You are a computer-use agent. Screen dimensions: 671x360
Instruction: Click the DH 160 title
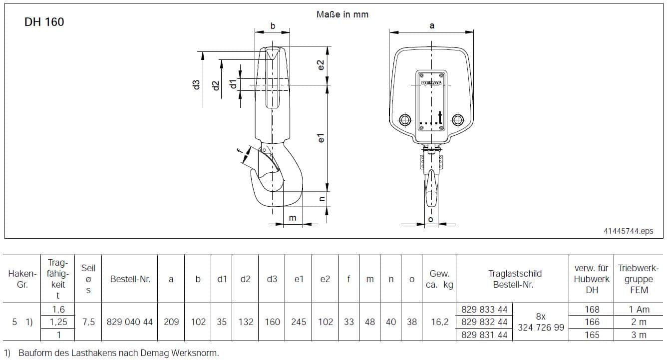44,22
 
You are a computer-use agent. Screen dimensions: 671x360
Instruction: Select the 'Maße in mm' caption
342,14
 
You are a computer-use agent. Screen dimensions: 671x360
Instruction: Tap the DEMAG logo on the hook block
431,83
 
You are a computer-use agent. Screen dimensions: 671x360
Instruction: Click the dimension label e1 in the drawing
321,138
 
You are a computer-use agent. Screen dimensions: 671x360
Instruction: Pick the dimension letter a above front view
432,26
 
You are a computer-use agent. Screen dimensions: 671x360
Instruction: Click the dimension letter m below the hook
293,218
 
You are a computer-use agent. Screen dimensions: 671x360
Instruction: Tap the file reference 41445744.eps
629,231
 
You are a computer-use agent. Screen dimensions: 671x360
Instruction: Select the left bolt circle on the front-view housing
405,120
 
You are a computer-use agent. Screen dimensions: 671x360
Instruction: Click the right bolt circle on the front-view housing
458,120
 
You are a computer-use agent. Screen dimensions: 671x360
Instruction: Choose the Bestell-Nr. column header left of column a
130,279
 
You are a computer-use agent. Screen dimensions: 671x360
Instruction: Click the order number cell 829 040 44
130,322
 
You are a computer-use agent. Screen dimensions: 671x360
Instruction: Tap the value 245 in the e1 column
299,322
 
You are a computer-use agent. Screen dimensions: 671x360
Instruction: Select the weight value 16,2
439,322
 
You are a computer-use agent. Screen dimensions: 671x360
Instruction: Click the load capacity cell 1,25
58,322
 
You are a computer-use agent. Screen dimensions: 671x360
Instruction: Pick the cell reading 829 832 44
484,322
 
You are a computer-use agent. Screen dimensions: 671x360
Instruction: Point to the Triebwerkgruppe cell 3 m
639,335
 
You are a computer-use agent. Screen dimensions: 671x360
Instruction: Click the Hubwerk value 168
592,309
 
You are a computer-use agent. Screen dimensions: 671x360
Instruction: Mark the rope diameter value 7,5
88,322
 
